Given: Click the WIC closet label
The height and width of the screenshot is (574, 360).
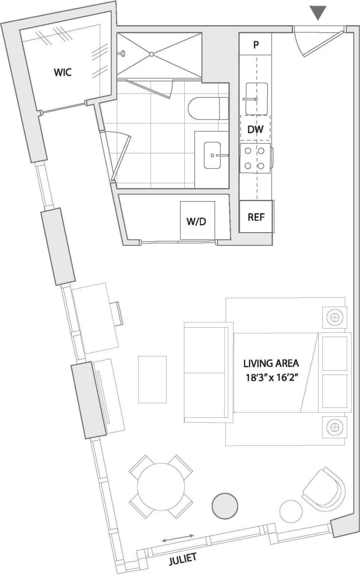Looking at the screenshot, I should pos(64,73).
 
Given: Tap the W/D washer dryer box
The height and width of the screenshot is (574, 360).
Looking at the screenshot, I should pos(197,221).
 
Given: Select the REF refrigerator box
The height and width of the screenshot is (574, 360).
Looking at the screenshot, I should pos(256,217).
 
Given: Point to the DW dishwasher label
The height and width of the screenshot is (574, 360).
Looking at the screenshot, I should pos(256,129).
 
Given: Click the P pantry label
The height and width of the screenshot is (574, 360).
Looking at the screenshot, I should pos(256,46).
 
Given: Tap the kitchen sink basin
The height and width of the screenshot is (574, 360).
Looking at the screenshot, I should pos(256,98).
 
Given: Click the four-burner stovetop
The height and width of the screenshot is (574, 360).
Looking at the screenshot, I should pos(255,159).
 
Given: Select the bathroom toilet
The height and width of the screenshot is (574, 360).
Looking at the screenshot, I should pos(208,108).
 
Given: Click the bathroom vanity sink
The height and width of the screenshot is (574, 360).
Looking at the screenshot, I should pos(212,155).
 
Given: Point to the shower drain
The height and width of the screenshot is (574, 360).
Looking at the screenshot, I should pos(152,54).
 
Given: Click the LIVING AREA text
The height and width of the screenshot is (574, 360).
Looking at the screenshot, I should pos(271,364).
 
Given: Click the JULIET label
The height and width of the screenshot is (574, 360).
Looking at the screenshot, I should pos(183,559).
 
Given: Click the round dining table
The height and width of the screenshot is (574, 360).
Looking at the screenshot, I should pos(161,487).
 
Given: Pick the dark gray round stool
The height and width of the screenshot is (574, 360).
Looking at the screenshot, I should pos(224,506).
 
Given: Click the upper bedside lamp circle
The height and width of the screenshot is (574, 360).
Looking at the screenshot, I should pos(335,317).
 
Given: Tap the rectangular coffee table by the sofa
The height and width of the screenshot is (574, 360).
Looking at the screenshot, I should pos(152,379).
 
